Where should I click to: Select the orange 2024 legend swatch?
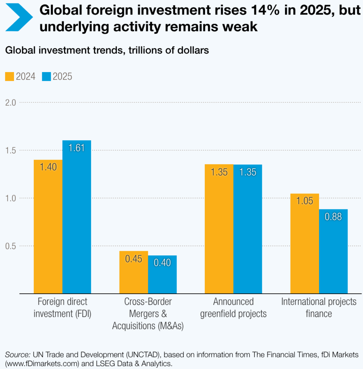click(9, 77)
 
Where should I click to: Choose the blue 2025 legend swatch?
click(46, 77)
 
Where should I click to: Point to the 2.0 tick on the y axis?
click(11, 102)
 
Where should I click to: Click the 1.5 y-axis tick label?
click(11, 150)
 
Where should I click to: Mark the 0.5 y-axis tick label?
click(11, 246)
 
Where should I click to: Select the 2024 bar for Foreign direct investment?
click(48, 227)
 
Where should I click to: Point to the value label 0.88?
click(333, 217)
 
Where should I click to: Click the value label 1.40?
click(48, 168)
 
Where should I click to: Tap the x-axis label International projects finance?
click(319, 307)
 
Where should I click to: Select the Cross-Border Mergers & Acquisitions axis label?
click(148, 314)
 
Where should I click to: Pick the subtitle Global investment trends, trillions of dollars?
click(107, 50)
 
